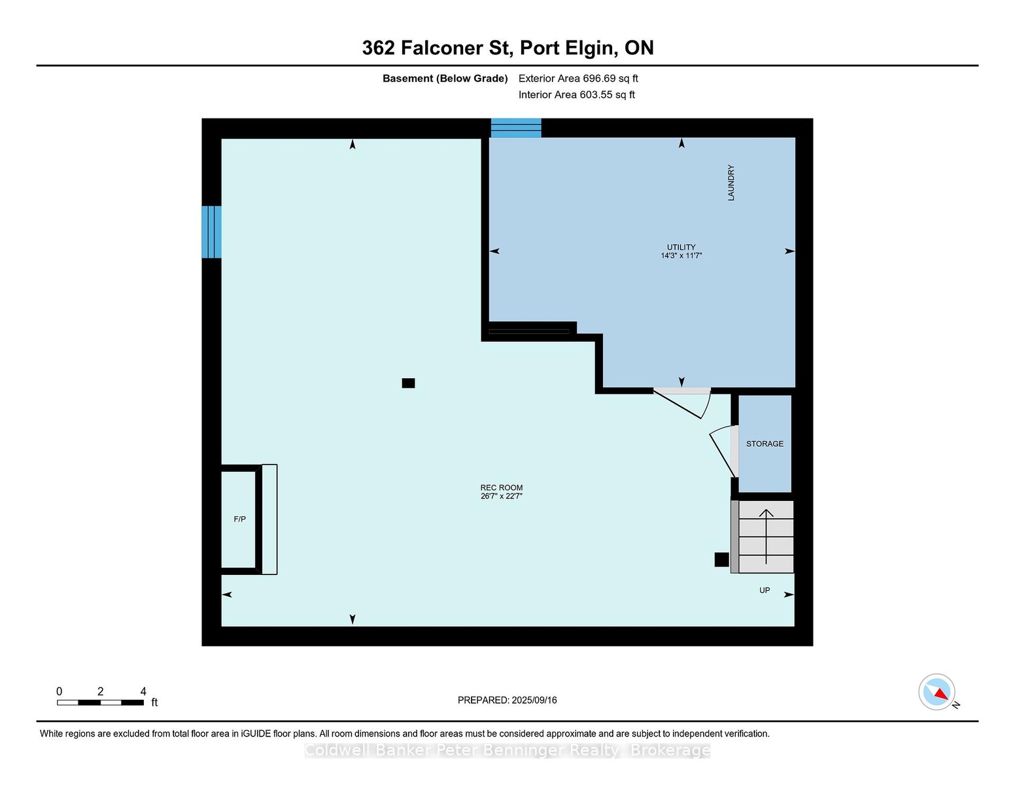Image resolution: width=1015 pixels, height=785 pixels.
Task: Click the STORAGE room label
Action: (764, 444)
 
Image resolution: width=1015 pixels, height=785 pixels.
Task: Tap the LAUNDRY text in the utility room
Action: (731, 183)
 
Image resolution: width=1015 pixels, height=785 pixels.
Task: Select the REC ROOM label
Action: (501, 487)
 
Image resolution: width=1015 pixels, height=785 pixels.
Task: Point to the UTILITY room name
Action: (681, 247)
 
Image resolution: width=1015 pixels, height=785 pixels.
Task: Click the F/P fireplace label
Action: (239, 519)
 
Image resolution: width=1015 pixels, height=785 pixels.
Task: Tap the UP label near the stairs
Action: (764, 590)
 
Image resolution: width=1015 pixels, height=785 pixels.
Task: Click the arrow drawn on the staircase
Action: (766, 536)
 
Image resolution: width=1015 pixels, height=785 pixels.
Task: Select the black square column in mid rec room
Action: (408, 383)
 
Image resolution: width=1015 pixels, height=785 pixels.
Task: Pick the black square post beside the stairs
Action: (721, 559)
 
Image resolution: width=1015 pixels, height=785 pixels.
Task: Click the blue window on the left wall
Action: (212, 232)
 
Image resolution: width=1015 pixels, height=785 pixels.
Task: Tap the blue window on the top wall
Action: (515, 128)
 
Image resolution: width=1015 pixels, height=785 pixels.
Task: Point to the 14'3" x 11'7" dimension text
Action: (681, 255)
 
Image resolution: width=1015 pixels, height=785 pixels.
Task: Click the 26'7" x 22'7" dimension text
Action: (501, 496)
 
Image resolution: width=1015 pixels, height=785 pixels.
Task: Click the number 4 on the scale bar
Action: (143, 691)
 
